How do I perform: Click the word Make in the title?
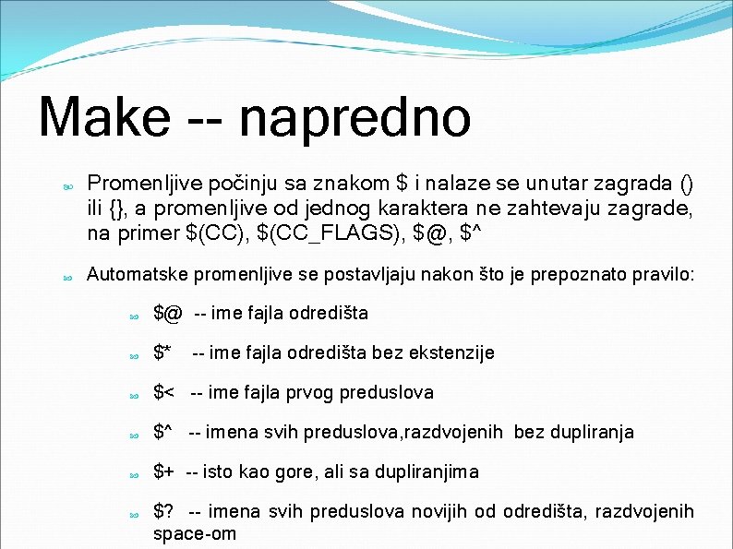point(103,118)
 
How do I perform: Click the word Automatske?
point(135,275)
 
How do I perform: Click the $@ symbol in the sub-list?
point(167,314)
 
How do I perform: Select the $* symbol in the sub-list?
point(162,352)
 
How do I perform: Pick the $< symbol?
point(163,393)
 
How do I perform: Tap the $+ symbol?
point(163,472)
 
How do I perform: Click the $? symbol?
point(163,512)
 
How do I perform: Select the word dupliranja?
point(587,433)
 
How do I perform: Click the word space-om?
point(194,534)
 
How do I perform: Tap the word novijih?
point(447,512)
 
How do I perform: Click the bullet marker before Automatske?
point(67,277)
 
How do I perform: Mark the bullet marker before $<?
point(135,395)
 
